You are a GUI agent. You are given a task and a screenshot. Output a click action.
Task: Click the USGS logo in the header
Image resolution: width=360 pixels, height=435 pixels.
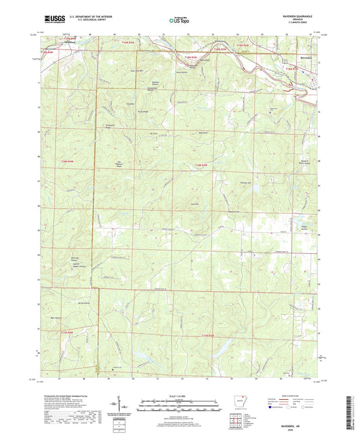point(53,19)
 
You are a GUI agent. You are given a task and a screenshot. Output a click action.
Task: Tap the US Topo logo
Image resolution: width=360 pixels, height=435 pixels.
point(178,20)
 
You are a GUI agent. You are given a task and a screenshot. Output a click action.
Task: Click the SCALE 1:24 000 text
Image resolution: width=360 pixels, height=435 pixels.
point(180,395)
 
